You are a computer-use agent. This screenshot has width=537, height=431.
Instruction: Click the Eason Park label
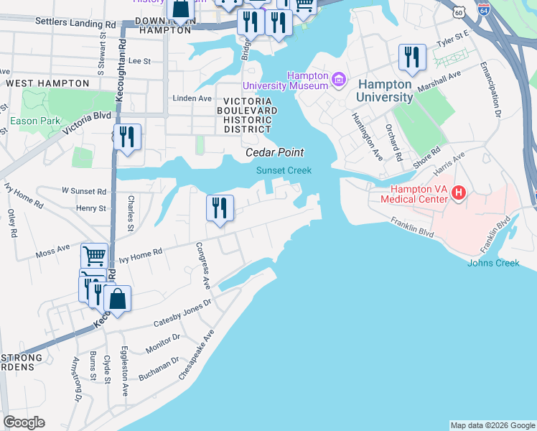pyautogui.click(x=35, y=121)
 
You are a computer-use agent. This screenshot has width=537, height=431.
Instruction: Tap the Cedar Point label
pyautogui.click(x=275, y=152)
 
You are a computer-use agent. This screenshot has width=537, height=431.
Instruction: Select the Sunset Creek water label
pyautogui.click(x=284, y=170)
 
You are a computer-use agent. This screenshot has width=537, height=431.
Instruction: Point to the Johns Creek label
pyautogui.click(x=493, y=263)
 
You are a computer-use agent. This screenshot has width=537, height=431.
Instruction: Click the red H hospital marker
pyautogui.click(x=459, y=193)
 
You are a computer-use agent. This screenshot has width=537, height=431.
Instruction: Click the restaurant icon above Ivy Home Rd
pyautogui.click(x=220, y=208)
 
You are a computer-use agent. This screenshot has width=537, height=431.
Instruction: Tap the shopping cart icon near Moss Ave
pyautogui.click(x=94, y=255)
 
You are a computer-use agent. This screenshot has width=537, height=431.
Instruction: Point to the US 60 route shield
pyautogui.click(x=459, y=12)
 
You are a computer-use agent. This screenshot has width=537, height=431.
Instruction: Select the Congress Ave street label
pyautogui.click(x=202, y=266)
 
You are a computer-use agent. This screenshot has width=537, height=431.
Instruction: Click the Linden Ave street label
pyautogui.click(x=192, y=98)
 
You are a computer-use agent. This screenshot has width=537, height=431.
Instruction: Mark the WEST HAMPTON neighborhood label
pyautogui.click(x=37, y=84)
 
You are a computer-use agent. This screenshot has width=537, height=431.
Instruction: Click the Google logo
pyautogui.click(x=24, y=422)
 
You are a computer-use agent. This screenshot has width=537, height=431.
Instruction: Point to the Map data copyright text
pyautogui.click(x=492, y=425)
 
